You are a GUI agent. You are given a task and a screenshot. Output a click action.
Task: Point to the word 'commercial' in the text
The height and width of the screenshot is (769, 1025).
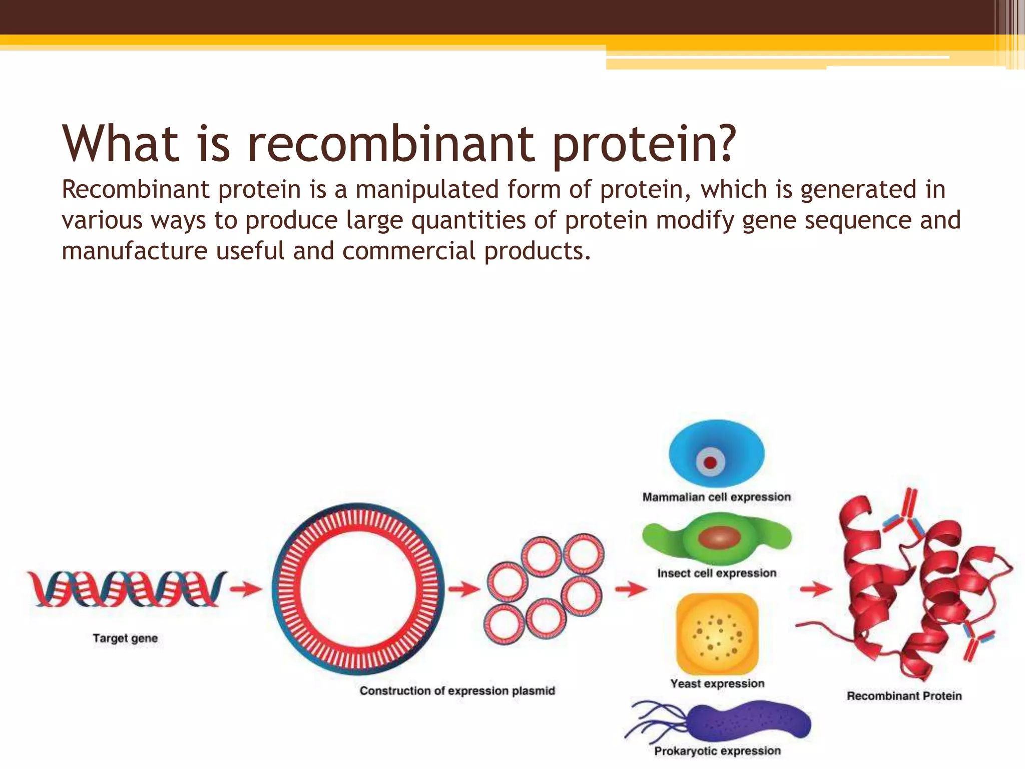point(409,251)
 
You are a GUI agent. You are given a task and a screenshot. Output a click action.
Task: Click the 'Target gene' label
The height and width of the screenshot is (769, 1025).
point(125,638)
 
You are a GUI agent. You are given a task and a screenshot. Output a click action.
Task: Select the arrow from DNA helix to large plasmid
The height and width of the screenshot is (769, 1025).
point(246,589)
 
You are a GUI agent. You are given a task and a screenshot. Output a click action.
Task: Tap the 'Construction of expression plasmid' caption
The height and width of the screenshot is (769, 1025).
point(457,691)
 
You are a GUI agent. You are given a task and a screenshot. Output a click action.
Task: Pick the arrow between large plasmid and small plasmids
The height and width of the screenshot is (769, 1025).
point(463,589)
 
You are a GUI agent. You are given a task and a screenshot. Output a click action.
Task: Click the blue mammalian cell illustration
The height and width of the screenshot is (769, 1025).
point(717,453)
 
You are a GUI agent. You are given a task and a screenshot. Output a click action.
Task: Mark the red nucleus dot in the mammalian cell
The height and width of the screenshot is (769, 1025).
point(710,463)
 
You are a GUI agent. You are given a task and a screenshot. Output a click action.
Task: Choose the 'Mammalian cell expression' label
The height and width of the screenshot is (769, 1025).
point(717,497)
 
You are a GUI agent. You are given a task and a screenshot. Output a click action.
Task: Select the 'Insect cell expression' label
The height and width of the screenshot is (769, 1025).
point(717,573)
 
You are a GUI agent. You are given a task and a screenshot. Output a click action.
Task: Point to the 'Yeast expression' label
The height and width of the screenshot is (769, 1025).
point(717,684)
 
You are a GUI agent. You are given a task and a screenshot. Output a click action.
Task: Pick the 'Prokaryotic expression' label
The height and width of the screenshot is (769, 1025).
point(717,751)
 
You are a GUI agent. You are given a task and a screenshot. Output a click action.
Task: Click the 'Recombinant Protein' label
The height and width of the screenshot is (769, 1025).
point(904,696)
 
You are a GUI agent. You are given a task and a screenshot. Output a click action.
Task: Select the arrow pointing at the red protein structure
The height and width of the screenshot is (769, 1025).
point(815,589)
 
